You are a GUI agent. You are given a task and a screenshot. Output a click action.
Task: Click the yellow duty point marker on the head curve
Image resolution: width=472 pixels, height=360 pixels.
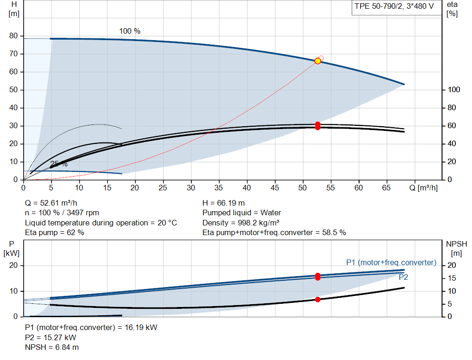click(318, 61)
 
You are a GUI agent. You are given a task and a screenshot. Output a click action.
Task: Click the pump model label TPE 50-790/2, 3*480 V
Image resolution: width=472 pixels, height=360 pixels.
click(394, 6)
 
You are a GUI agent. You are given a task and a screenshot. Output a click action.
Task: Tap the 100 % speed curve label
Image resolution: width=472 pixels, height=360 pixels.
click(130, 31)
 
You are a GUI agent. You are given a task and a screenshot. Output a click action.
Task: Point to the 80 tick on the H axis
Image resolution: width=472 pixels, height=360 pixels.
click(13, 36)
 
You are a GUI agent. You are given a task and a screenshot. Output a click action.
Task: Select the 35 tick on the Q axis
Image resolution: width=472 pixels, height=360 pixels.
click(219, 188)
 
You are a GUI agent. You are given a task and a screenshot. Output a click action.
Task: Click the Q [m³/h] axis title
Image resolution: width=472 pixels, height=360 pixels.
click(424, 188)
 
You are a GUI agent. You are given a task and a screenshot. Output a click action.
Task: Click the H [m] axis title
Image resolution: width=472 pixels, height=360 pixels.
click(14, 9)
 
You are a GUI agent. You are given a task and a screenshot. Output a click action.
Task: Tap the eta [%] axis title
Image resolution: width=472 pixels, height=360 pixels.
click(452, 9)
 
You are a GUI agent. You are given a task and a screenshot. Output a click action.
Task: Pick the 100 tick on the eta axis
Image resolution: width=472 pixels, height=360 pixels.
click(454, 90)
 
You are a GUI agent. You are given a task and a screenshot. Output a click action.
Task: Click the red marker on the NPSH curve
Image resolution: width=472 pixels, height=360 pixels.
click(318, 300)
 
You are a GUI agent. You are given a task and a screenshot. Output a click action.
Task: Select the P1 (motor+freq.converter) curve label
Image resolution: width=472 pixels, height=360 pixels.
click(391, 262)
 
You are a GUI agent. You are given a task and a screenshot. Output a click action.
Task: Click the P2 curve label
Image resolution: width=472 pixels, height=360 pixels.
click(403, 277)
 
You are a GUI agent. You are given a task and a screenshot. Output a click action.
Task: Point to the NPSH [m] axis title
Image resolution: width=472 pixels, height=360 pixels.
click(456, 248)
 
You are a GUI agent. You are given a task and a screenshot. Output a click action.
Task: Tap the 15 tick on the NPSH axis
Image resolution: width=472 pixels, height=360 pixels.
click(452, 278)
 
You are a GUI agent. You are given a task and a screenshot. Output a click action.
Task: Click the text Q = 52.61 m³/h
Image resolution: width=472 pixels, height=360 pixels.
click(51, 203)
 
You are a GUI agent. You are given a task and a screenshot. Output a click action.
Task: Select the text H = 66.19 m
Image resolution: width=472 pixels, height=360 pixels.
click(224, 203)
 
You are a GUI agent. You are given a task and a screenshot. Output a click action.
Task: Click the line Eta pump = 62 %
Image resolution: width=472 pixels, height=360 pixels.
click(54, 233)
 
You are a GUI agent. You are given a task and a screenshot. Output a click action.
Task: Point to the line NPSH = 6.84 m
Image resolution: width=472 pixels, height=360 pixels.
click(52, 348)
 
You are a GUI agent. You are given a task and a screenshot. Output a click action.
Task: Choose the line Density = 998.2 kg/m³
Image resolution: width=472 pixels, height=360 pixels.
click(241, 223)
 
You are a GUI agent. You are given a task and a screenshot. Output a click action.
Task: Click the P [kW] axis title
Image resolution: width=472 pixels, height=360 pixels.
click(12, 248)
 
